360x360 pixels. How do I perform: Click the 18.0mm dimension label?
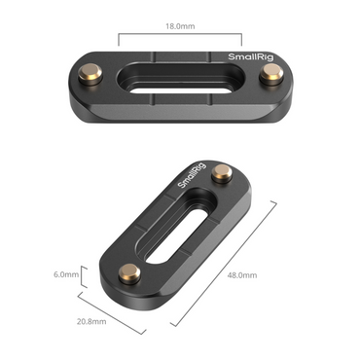tap(180, 26)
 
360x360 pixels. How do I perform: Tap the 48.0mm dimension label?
tap(242, 275)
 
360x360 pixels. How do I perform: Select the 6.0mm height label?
tap(66, 274)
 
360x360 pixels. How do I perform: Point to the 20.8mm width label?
tap(91, 322)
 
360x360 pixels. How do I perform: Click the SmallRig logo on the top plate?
tap(251, 57)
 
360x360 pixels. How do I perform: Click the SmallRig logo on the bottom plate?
tap(192, 175)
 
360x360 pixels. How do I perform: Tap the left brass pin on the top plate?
tap(90, 74)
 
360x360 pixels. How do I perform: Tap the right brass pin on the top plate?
tap(271, 74)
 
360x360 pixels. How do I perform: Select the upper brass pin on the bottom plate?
tap(222, 173)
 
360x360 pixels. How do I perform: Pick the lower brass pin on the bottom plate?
tap(129, 274)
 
